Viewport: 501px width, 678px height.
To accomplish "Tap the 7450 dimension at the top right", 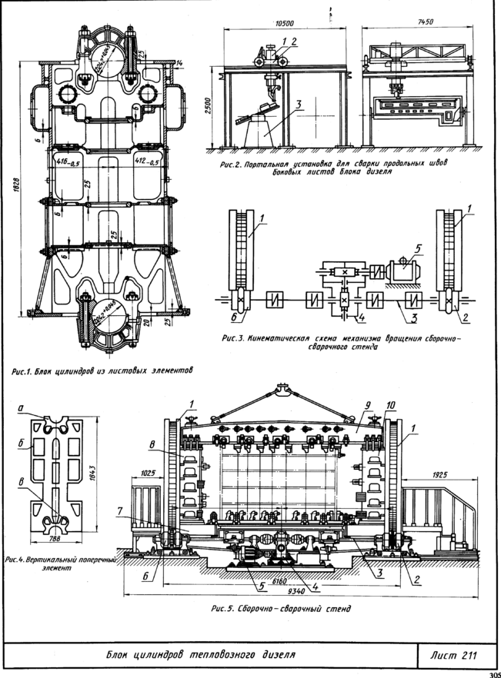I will tap(416, 23).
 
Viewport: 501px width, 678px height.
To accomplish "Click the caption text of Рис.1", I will tap(101, 370).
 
